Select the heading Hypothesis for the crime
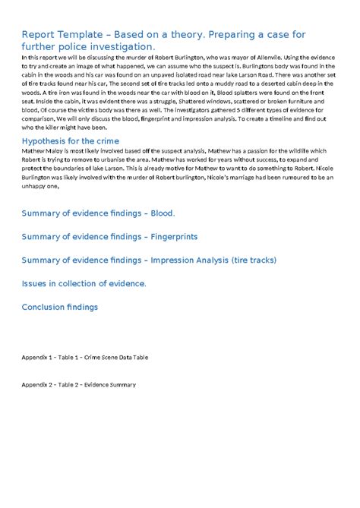pyautogui.click(x=70, y=141)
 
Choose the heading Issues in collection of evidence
pyautogui.click(x=84, y=283)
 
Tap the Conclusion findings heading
pyautogui.click(x=60, y=307)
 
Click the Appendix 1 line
pyautogui.click(x=85, y=356)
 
